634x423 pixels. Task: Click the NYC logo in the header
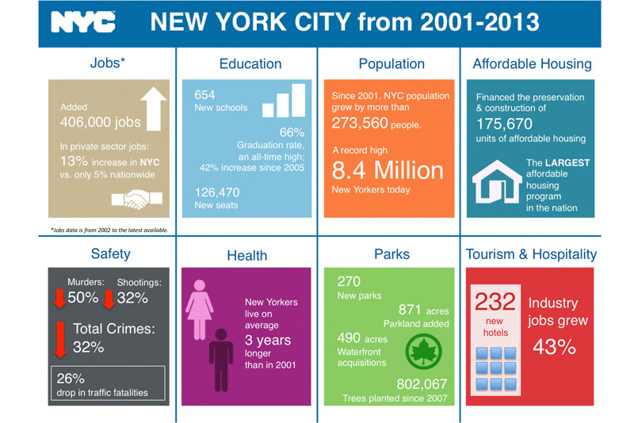[x=83, y=21]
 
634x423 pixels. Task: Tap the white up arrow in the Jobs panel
[x=154, y=109]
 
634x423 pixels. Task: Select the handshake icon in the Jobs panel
[x=136, y=199]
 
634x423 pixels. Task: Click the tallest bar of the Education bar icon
[x=299, y=100]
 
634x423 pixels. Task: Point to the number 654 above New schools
[x=204, y=94]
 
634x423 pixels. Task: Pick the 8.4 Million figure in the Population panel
[x=388, y=170]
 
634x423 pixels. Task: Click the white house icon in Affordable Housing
[x=497, y=181]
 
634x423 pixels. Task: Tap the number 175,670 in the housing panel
[x=504, y=124]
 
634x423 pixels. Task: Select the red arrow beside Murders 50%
[x=60, y=299]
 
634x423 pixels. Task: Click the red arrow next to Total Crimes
[x=61, y=339]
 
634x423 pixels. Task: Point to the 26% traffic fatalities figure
[x=71, y=379]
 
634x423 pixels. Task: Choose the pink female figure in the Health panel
[x=200, y=310]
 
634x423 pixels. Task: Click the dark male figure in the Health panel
[x=221, y=360]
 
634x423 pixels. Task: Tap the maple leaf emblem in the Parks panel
[x=423, y=352]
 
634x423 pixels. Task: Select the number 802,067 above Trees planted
[x=422, y=384]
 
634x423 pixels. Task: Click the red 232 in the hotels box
[x=495, y=301]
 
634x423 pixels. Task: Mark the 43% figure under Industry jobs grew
[x=554, y=347]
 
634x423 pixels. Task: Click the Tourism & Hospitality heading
[x=531, y=254]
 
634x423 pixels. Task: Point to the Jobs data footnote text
[x=109, y=230]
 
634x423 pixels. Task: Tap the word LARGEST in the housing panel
[x=567, y=162]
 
